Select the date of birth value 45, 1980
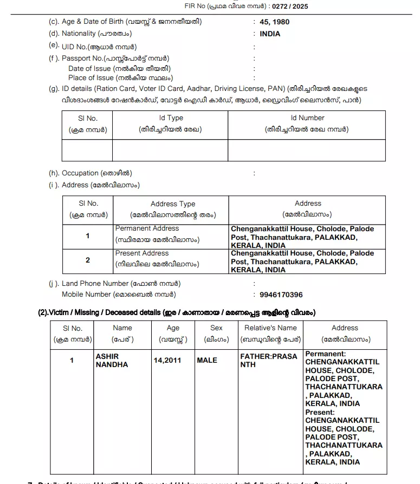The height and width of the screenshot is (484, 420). [x=275, y=22]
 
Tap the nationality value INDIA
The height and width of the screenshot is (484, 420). [x=270, y=34]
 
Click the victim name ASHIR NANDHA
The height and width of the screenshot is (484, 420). [x=112, y=361]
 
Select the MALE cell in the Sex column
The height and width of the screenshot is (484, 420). [x=207, y=360]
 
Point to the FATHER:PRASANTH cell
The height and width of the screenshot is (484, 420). [x=269, y=361]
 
